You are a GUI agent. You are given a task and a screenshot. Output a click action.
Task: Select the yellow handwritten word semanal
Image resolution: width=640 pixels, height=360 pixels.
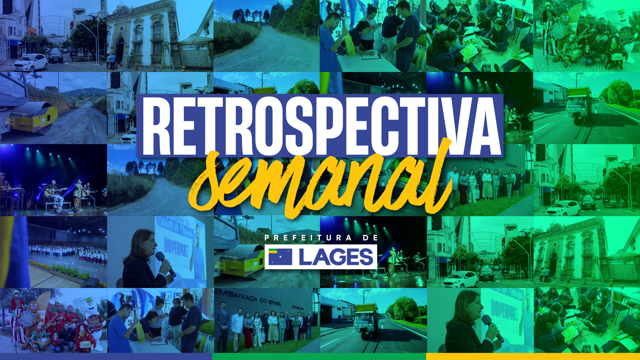(x=320, y=180)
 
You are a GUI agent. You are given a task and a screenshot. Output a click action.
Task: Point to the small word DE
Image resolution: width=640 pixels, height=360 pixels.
(x=371, y=238)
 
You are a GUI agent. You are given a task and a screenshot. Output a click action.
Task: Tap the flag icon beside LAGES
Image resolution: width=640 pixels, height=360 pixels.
(x=280, y=257)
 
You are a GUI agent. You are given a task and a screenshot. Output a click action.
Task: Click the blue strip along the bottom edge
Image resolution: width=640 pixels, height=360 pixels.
(x=106, y=357)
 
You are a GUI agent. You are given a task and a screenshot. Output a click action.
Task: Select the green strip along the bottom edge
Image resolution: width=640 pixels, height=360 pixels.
(x=319, y=357)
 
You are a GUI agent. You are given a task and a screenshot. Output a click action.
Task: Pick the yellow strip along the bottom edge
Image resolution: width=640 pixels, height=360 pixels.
(x=533, y=357)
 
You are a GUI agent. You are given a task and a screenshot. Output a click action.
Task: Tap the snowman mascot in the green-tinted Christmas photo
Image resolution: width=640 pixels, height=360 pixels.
(x=625, y=37)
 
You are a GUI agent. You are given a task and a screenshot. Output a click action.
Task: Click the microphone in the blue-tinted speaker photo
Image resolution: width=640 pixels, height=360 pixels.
(x=166, y=264)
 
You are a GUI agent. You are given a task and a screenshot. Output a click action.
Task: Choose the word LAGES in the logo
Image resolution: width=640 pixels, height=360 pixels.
(x=336, y=257)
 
